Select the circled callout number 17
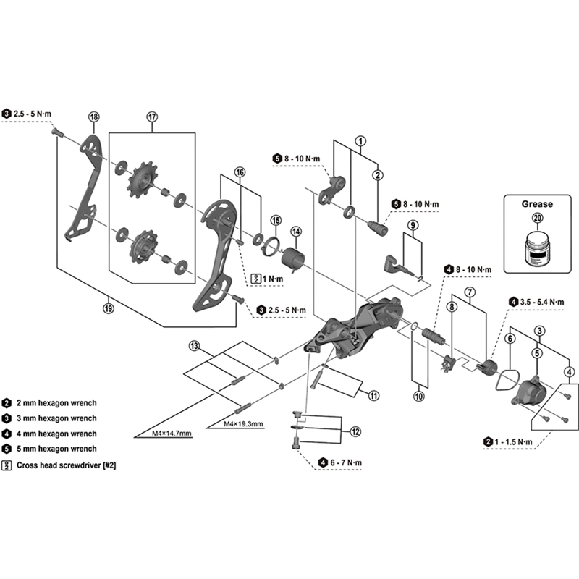click(x=152, y=117)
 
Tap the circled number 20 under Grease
click(x=536, y=218)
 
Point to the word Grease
click(x=536, y=204)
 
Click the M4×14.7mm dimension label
click(x=172, y=434)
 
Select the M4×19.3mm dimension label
click(x=243, y=423)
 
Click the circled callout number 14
click(x=295, y=232)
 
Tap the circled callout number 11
click(x=373, y=395)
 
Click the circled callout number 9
click(x=412, y=225)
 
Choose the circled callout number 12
click(x=355, y=431)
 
